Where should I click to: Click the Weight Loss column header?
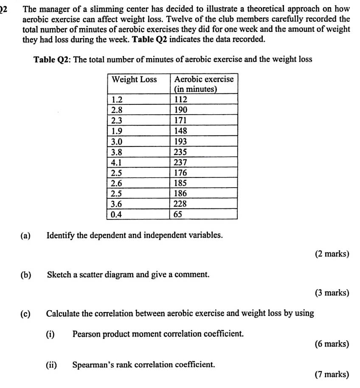point(134,80)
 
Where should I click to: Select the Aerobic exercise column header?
point(204,84)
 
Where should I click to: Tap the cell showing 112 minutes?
point(181,100)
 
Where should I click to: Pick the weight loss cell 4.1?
point(116,162)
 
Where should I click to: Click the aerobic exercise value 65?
point(178,214)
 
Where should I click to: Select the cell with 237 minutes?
point(181,162)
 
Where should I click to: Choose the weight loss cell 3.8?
point(116,152)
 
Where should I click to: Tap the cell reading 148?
point(181,131)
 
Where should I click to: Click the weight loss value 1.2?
point(116,100)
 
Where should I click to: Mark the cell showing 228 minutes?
point(181,204)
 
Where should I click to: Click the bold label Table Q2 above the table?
point(53,59)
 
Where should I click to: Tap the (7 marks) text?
point(332,374)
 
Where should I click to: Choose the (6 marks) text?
point(332,344)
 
